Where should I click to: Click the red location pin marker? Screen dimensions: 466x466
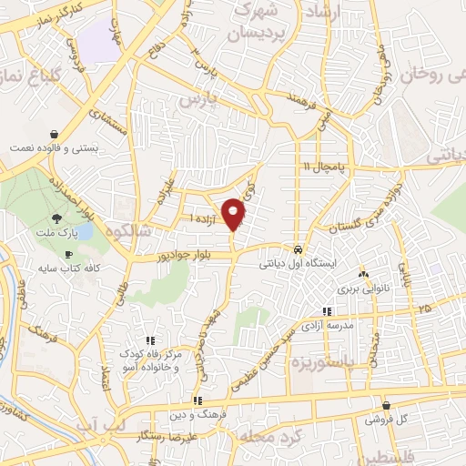coord(233,214)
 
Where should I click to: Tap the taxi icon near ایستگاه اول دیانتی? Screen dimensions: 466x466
coord(299,248)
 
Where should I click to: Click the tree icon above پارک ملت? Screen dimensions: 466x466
coord(57,218)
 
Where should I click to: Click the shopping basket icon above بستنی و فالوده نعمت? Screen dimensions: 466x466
coord(56,133)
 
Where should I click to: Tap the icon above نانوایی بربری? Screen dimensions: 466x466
coord(363,274)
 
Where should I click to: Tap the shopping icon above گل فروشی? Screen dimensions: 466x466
coord(387,406)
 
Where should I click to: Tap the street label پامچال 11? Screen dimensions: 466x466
coord(325,166)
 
